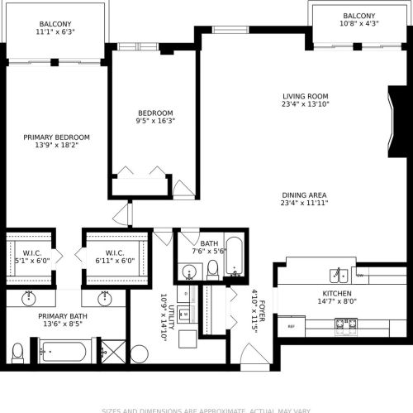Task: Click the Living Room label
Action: pos(305,96)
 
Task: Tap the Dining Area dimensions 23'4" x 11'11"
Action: pos(303,203)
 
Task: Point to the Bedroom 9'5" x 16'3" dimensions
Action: pos(156,122)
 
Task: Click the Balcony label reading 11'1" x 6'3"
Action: pos(56,32)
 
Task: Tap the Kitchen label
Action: pos(336,294)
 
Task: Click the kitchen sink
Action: pos(338,275)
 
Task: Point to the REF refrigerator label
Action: pos(291,327)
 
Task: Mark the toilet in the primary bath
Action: pos(17,353)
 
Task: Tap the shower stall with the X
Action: pos(116,352)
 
